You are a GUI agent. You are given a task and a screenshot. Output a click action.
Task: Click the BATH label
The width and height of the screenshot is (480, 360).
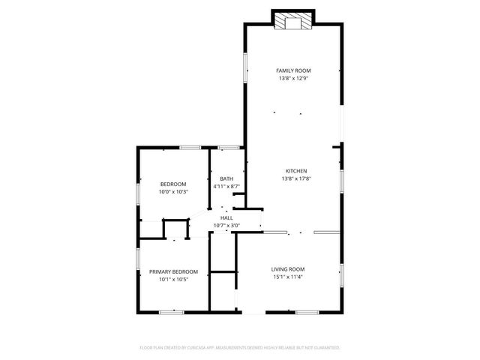226,178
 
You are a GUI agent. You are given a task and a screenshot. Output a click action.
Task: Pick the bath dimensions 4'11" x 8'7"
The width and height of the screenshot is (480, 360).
226,186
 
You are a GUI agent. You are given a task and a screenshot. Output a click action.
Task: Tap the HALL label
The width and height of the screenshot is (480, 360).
226,217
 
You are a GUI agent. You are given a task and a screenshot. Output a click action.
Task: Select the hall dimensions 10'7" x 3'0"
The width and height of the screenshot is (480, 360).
226,225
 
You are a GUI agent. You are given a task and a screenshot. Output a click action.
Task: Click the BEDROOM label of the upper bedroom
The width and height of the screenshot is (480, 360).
173,184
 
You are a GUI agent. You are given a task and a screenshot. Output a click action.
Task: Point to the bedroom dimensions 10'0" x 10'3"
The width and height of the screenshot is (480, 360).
173,191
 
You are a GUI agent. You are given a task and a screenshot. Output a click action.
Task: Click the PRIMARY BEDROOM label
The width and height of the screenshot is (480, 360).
173,271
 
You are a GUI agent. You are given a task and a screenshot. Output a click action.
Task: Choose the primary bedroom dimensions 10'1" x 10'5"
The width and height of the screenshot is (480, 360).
173,279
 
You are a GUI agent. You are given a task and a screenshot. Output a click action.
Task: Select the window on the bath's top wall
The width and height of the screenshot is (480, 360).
228,148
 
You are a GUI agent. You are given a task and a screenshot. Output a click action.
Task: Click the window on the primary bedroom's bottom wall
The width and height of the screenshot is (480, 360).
172,310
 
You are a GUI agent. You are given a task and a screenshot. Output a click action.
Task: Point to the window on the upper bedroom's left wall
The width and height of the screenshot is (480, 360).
137,193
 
